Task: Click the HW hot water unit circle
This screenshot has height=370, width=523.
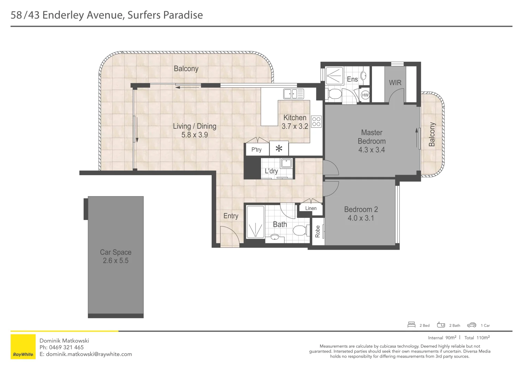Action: coord(365,95)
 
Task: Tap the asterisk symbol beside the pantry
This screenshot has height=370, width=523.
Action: coord(279,149)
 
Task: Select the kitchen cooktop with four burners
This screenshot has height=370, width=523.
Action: coord(316,121)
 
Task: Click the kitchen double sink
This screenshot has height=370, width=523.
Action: coord(293,93)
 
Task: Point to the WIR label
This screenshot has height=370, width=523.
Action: coord(395,83)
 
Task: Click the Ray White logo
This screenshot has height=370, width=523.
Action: coord(23,347)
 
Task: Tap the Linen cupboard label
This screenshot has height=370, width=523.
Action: coord(311,208)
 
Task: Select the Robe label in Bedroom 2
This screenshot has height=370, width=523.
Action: coord(317,231)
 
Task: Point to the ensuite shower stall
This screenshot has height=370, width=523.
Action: coord(334,76)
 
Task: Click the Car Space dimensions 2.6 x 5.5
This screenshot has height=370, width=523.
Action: coord(115,261)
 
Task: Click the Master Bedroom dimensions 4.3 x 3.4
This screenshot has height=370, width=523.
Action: coord(371,150)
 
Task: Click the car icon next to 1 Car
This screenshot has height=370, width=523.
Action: coord(472,325)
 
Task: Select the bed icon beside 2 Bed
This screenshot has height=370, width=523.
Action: coord(411,325)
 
